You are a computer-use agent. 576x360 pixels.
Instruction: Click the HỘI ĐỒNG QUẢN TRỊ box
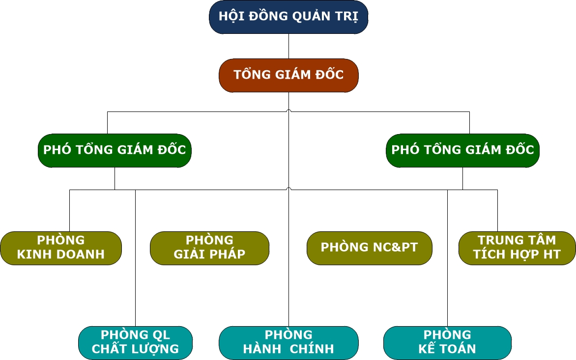pyautogui.click(x=288, y=17)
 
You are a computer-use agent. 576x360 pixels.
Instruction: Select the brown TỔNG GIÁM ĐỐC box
pyautogui.click(x=288, y=75)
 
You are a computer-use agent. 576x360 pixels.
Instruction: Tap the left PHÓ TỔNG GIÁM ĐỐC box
pyautogui.click(x=115, y=150)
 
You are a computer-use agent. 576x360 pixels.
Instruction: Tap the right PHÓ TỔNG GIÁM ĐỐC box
pyautogui.click(x=462, y=150)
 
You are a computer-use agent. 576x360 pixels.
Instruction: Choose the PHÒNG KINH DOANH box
pyautogui.click(x=61, y=248)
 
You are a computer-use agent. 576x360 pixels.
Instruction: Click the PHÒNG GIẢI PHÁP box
pyautogui.click(x=209, y=248)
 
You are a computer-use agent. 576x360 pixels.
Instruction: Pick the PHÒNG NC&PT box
pyautogui.click(x=369, y=248)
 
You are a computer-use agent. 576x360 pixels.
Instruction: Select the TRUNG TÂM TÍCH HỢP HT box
pyautogui.click(x=517, y=248)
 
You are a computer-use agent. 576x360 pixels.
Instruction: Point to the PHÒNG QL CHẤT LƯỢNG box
pyautogui.click(x=135, y=342)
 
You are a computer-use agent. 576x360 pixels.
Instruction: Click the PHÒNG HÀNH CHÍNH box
pyautogui.click(x=288, y=342)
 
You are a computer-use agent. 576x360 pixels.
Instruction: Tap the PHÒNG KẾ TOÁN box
pyautogui.click(x=447, y=342)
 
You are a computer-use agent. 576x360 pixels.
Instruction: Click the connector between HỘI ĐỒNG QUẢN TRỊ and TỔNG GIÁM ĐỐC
pyautogui.click(x=288, y=46)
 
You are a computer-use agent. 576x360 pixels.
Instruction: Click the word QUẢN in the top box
pyautogui.click(x=312, y=16)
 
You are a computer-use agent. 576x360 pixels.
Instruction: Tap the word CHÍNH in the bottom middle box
pyautogui.click(x=311, y=349)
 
